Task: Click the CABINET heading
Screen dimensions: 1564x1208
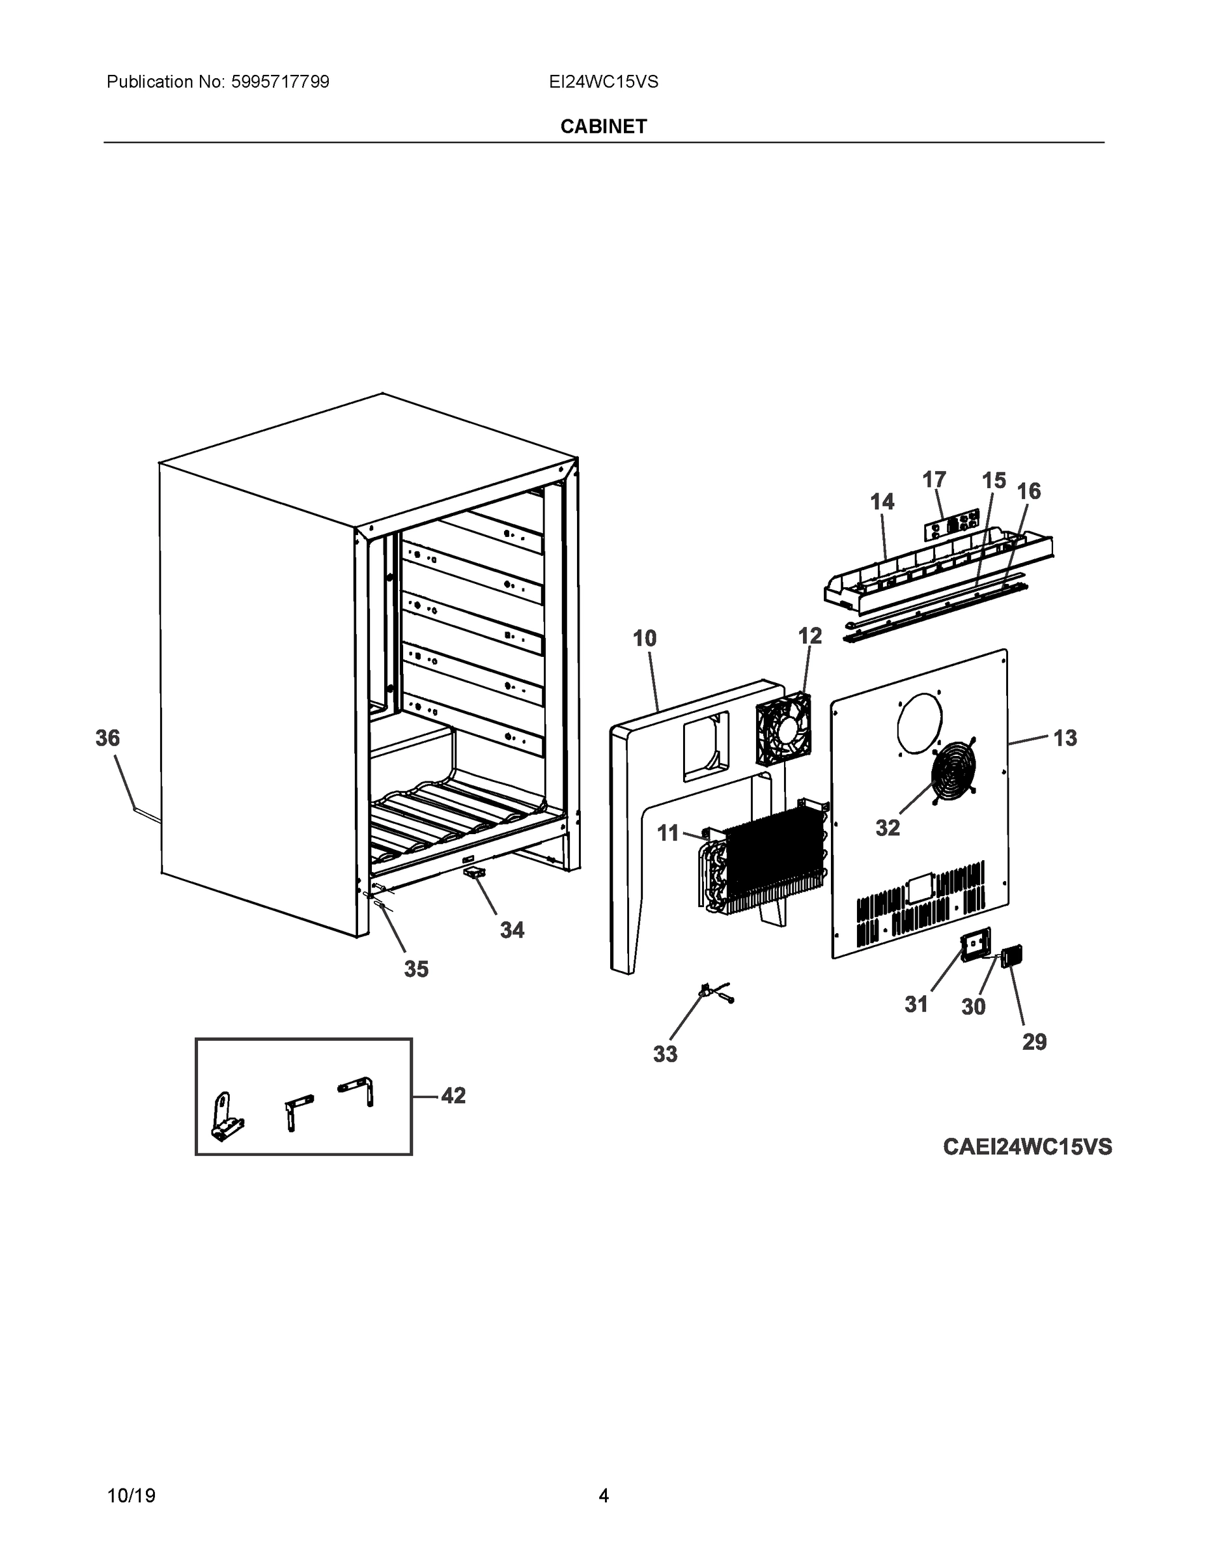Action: coord(603,127)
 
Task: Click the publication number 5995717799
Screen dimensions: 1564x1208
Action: coord(281,82)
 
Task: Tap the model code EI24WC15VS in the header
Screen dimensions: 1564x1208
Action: coord(603,82)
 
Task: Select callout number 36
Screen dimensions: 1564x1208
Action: coord(108,738)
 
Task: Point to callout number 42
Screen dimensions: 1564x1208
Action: coord(453,1095)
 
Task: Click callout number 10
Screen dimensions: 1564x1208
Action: coord(645,638)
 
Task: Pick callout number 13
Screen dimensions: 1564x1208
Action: coord(1065,738)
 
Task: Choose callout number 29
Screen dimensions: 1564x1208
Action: coord(1034,1042)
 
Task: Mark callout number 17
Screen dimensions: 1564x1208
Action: coord(934,479)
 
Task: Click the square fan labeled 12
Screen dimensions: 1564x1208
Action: coord(783,729)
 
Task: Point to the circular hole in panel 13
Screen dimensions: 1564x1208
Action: coord(920,723)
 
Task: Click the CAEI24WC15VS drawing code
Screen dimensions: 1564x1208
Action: coord(1027,1146)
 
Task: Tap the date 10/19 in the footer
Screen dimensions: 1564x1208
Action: coord(131,1496)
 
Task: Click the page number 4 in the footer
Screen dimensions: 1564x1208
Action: coord(603,1496)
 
